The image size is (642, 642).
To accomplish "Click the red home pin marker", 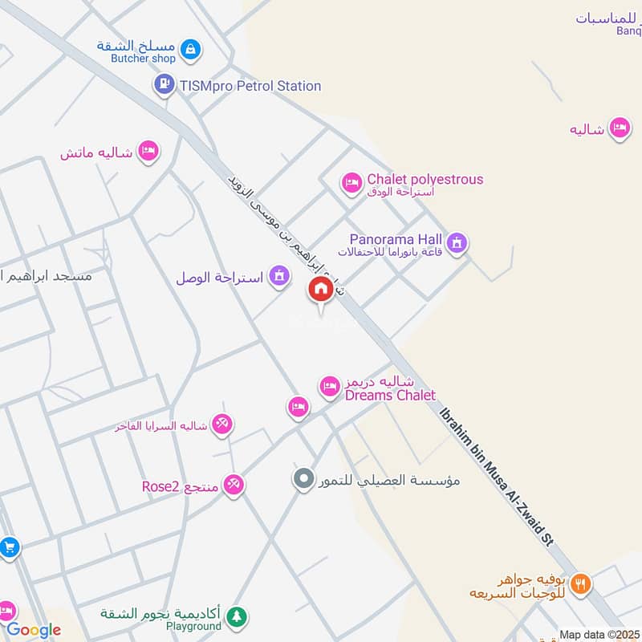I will [x=321, y=291].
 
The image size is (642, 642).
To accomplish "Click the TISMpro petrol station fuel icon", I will [x=165, y=83].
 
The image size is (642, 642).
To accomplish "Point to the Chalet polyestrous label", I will [x=425, y=180].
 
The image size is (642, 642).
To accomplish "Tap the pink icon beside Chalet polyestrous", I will [x=351, y=184].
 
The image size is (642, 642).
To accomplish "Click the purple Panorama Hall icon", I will [x=457, y=242].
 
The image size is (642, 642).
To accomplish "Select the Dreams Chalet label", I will [x=390, y=395].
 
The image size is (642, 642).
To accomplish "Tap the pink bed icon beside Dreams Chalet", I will [x=329, y=387].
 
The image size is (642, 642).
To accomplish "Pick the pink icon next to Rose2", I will [x=234, y=484].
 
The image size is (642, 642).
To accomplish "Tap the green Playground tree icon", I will [x=235, y=616].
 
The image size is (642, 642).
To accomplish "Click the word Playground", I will [x=193, y=626].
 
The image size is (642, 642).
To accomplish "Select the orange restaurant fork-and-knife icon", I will [x=581, y=584].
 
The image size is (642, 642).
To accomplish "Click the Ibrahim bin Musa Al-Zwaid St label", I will [x=497, y=477].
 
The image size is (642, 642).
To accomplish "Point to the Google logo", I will [x=34, y=630].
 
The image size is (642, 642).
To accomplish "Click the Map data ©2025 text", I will [x=598, y=635].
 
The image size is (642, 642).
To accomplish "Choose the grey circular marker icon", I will [x=303, y=480].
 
